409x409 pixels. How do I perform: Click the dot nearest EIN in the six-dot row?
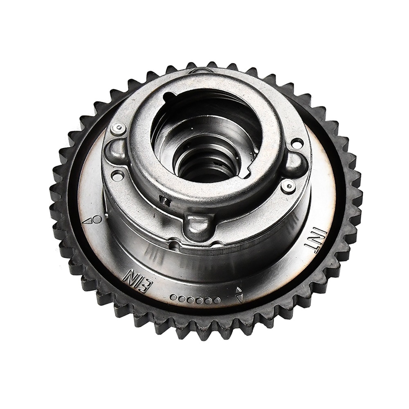pyautogui.click(x=173, y=297)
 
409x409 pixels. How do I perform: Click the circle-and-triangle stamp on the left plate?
pyautogui.click(x=91, y=220)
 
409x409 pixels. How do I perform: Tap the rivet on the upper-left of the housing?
pyautogui.click(x=119, y=128)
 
